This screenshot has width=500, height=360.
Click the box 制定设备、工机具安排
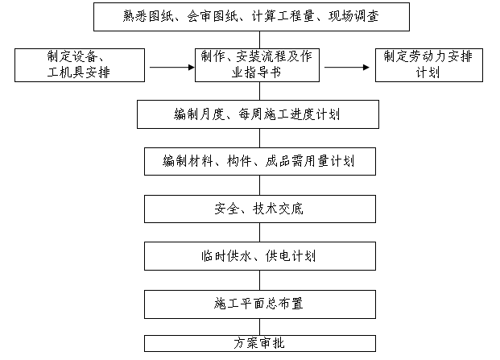(x=78, y=65)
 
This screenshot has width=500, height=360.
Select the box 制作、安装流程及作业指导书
(x=258, y=65)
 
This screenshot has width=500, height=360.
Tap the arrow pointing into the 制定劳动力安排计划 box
(x=347, y=66)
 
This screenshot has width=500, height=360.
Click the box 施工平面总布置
(x=258, y=304)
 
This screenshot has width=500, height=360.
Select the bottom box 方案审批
(x=258, y=343)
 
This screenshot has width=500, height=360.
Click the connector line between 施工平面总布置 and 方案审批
(x=259, y=326)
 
